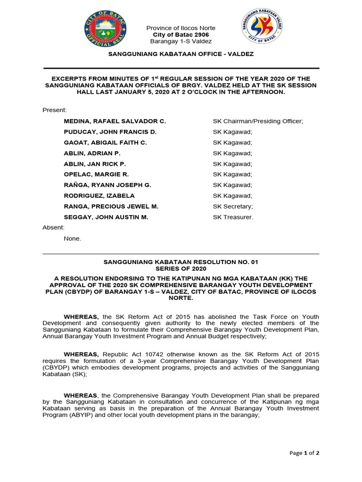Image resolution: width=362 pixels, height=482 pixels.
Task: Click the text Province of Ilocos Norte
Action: [x=181, y=28]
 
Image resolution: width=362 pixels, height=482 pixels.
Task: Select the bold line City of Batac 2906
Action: [x=181, y=35]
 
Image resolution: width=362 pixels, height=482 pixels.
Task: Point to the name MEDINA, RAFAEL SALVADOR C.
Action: [x=115, y=121]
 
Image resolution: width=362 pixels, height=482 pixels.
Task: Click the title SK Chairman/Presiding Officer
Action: [x=258, y=121]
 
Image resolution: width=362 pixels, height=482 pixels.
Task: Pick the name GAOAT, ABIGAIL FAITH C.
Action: [x=106, y=142]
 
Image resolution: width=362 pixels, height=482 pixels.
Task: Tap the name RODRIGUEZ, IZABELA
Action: [x=99, y=195]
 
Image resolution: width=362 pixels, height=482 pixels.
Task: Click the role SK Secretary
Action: [x=233, y=206]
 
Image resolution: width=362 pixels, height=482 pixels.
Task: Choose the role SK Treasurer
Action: [x=233, y=217]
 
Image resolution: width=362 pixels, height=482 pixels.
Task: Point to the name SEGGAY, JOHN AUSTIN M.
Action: [x=106, y=217]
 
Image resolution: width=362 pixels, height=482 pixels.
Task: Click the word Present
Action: [x=55, y=110]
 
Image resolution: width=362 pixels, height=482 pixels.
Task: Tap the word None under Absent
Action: [x=72, y=238]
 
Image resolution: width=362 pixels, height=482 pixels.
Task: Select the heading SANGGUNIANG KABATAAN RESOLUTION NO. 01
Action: [x=181, y=262]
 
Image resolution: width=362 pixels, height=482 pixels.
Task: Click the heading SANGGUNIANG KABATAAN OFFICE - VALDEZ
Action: [x=181, y=54]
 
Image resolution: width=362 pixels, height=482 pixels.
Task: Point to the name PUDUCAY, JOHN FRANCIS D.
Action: [x=110, y=132]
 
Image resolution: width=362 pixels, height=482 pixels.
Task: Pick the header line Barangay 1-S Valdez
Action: [x=181, y=41]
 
